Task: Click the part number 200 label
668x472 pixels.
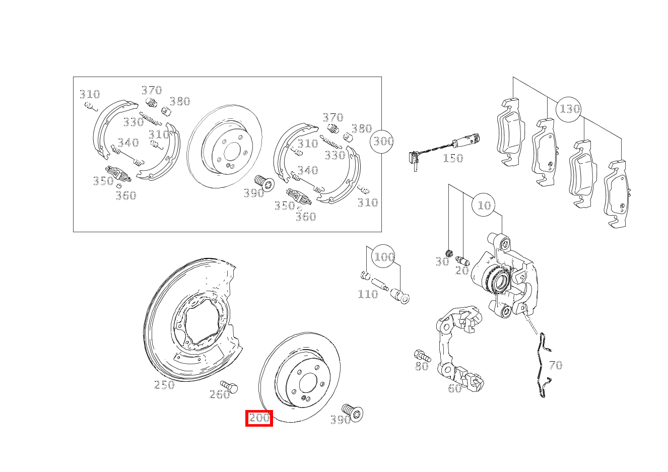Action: click(x=259, y=418)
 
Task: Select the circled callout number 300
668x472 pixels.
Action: click(x=383, y=142)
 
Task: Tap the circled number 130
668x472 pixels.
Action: click(x=569, y=109)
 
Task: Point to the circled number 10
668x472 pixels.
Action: click(x=484, y=206)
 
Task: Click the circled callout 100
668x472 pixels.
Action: click(x=384, y=257)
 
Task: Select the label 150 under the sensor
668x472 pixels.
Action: click(x=452, y=159)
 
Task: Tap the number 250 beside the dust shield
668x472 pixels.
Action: click(x=164, y=385)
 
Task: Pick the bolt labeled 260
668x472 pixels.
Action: click(x=230, y=387)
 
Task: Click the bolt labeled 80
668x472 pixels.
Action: click(x=421, y=355)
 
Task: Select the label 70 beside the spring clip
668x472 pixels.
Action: click(x=555, y=365)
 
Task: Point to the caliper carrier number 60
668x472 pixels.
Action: click(x=454, y=388)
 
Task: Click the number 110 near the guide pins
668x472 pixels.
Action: click(x=367, y=294)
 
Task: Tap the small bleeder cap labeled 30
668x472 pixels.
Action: click(x=450, y=252)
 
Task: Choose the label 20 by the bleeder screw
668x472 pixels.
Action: click(x=462, y=271)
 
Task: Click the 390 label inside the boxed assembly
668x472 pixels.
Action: click(x=253, y=193)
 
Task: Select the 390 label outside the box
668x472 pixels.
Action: click(x=340, y=420)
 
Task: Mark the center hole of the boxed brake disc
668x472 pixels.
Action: click(x=232, y=152)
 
